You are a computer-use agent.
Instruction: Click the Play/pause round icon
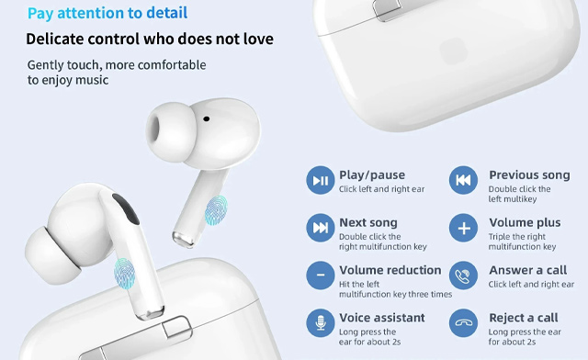pyautogui.click(x=321, y=181)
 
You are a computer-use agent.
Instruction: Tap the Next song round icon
pyautogui.click(x=321, y=228)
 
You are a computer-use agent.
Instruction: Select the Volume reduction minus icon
pyautogui.click(x=321, y=276)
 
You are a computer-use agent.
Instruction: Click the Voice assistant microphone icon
pyautogui.click(x=321, y=323)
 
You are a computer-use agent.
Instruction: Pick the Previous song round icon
pyautogui.click(x=464, y=181)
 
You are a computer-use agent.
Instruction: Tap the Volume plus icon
pyautogui.click(x=464, y=228)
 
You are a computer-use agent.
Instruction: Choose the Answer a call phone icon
pyautogui.click(x=464, y=276)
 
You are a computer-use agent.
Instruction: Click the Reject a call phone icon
pyautogui.click(x=464, y=323)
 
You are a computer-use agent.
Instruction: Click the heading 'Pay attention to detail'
pyautogui.click(x=107, y=14)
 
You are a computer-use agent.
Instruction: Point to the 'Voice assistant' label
pyautogui.click(x=382, y=318)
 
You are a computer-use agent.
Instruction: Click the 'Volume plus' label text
pyautogui.click(x=525, y=222)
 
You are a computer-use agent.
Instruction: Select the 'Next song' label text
pyautogui.click(x=367, y=222)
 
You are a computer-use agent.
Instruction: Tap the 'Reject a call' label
pyautogui.click(x=523, y=318)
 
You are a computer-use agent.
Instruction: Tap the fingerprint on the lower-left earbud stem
pyautogui.click(x=125, y=271)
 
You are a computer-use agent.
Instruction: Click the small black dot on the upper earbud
pyautogui.click(x=206, y=118)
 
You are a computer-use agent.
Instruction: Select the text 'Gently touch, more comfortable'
pyautogui.click(x=117, y=65)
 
